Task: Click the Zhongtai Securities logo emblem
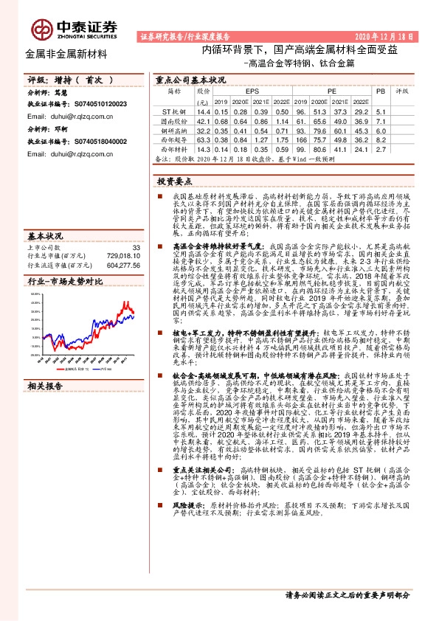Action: coord(38,27)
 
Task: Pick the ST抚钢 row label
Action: coord(173,110)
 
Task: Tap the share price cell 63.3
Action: coord(203,139)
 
